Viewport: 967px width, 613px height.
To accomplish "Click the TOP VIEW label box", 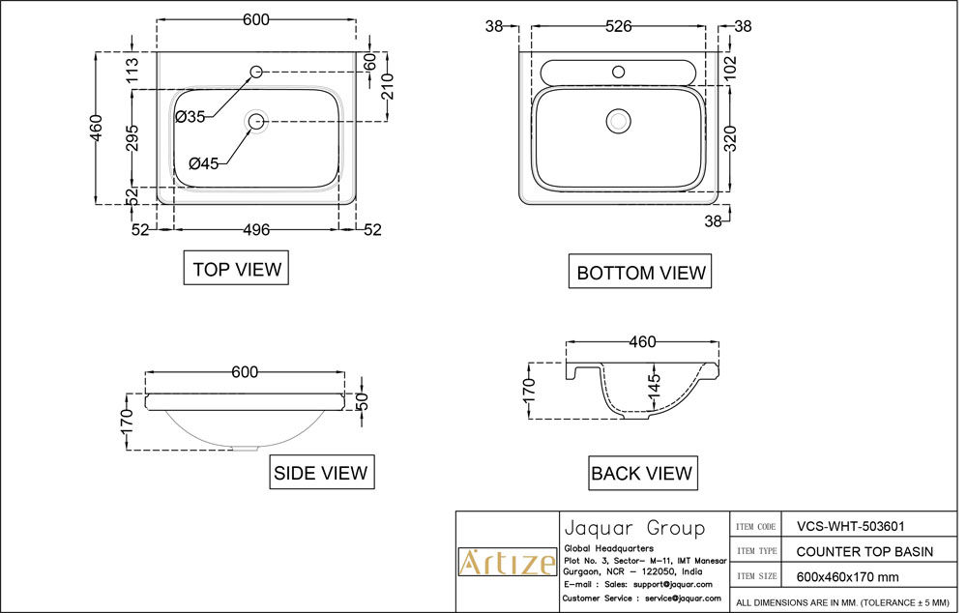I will pyautogui.click(x=237, y=269).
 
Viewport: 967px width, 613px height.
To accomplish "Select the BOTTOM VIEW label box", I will pyautogui.click(x=640, y=273).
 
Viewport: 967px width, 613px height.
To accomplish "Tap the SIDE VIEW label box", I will pyautogui.click(x=321, y=473).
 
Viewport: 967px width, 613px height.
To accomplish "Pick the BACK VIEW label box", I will pyautogui.click(x=641, y=473).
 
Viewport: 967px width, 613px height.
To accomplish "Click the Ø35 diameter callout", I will pyautogui.click(x=190, y=117).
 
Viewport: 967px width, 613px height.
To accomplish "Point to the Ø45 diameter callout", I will pyautogui.click(x=204, y=163).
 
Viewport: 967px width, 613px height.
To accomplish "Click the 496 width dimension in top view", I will pyautogui.click(x=256, y=229).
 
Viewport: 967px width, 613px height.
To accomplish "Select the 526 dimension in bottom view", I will pyautogui.click(x=625, y=26).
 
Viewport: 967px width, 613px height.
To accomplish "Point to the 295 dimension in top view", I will pyautogui.click(x=133, y=138).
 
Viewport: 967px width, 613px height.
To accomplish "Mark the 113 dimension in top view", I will pyautogui.click(x=133, y=70).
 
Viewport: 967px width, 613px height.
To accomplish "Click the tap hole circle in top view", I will pyautogui.click(x=257, y=72).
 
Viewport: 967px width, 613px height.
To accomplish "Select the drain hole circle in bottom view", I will pyautogui.click(x=617, y=121).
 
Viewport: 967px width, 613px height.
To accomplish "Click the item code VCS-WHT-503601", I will pyautogui.click(x=850, y=527).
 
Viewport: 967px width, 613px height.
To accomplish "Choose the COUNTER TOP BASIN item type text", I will pyautogui.click(x=864, y=551).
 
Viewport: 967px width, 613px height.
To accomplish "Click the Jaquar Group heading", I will pyautogui.click(x=633, y=528).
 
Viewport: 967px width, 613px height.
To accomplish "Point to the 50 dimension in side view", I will pyautogui.click(x=363, y=402).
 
